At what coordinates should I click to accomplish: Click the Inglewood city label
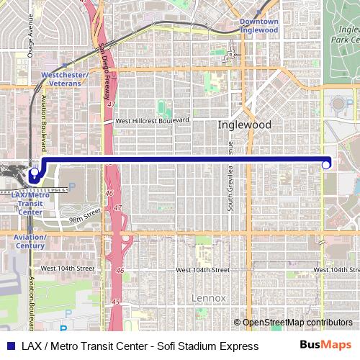(245, 125)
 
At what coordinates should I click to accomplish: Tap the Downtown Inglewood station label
(258, 26)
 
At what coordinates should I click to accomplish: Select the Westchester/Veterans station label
(65, 78)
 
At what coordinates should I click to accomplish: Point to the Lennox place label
(209, 297)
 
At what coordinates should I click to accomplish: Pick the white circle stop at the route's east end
(326, 165)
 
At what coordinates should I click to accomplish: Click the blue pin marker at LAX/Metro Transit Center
(33, 174)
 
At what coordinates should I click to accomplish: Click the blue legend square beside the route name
(9, 346)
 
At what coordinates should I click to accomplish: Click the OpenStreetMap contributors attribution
(297, 322)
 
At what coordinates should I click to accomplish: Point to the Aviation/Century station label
(28, 240)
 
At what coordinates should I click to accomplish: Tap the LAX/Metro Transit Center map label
(30, 204)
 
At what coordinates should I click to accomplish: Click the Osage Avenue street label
(30, 37)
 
